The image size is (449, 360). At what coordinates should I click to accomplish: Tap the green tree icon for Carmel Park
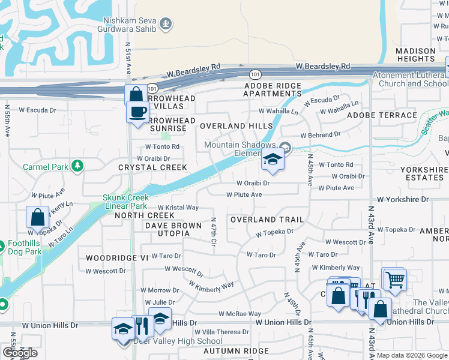point(77,166)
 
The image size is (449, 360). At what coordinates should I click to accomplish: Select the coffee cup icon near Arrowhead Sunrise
point(137,111)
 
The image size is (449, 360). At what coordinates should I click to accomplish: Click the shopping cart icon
point(394,278)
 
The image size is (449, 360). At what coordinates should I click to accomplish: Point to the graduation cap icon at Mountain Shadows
point(273,160)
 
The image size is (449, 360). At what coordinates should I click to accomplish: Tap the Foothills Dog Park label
point(25,248)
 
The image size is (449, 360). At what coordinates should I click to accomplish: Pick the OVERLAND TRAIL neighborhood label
point(267,220)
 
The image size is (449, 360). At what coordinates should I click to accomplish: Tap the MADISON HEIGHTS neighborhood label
point(415,55)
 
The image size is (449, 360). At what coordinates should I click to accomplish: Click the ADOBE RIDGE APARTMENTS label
point(272,90)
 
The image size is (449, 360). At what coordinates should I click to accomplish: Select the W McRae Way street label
point(240,314)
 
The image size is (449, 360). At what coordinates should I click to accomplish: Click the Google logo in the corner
point(20,353)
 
